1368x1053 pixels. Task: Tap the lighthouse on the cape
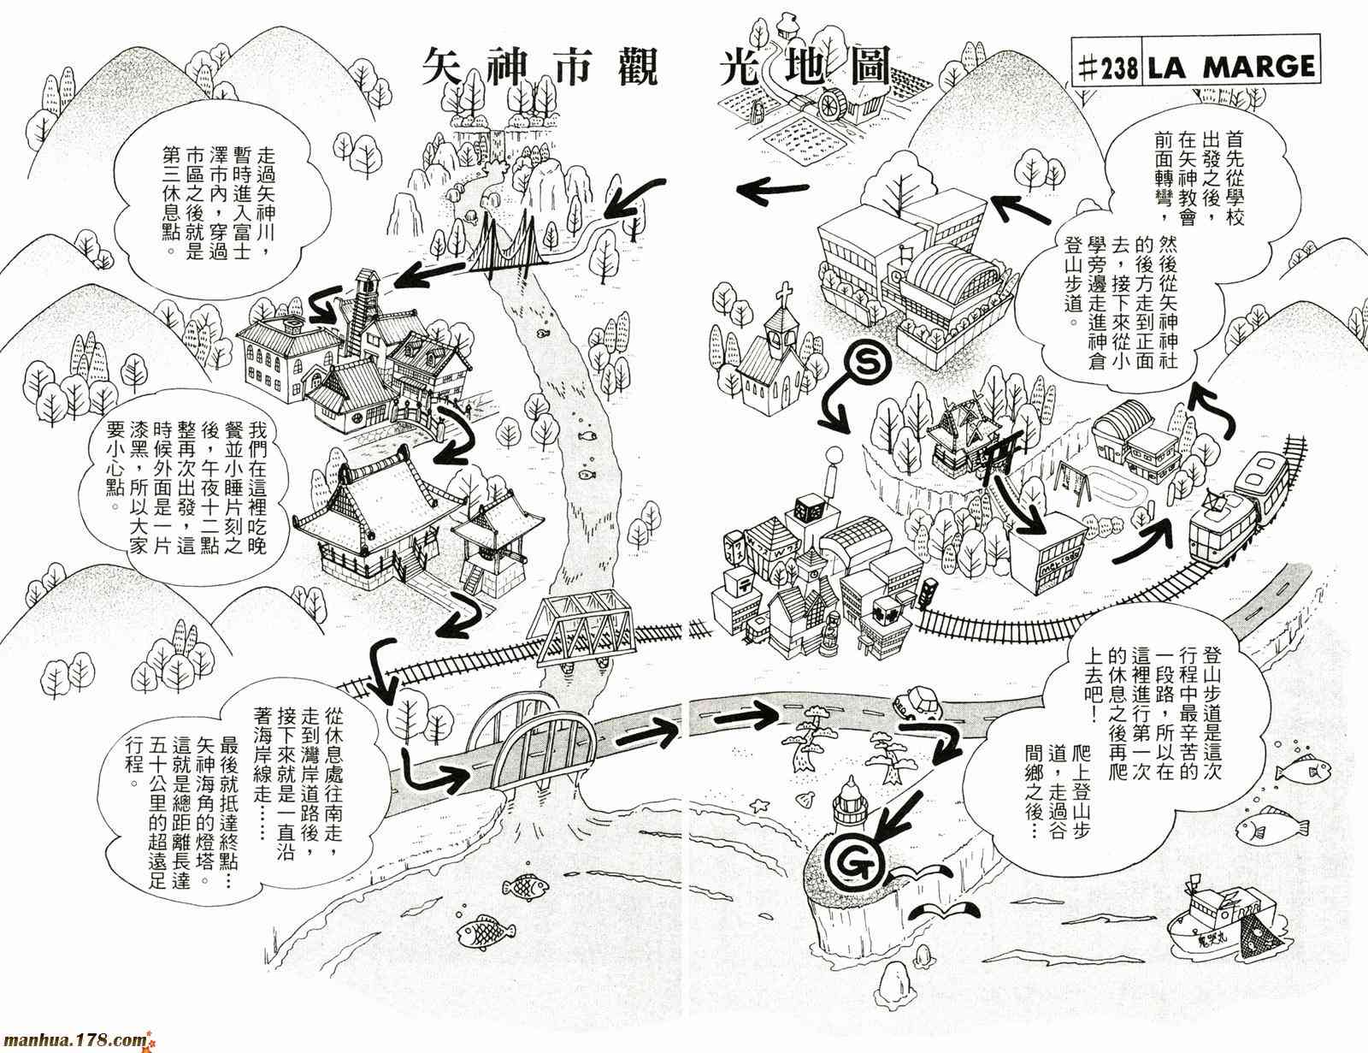tap(856, 804)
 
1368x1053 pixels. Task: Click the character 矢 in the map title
tap(451, 67)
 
